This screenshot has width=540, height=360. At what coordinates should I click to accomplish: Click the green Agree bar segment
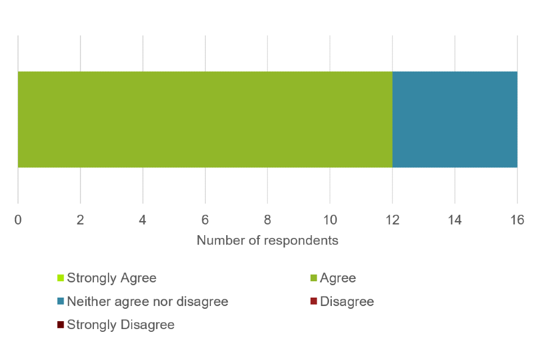tap(205, 119)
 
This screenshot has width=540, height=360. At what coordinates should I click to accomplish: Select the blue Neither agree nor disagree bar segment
tap(454, 119)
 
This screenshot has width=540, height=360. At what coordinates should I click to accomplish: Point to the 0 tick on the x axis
tap(18, 220)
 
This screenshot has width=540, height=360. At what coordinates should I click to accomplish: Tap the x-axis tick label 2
tap(80, 220)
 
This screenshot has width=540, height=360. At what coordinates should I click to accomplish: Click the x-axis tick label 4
tap(143, 220)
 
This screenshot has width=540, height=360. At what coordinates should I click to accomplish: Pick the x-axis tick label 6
tap(205, 220)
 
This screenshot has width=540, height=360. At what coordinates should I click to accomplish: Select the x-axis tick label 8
tap(268, 220)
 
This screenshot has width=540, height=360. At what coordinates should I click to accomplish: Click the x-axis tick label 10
tap(330, 220)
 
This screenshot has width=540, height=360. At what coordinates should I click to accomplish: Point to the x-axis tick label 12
tap(393, 220)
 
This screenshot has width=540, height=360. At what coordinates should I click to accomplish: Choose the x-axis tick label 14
tap(455, 220)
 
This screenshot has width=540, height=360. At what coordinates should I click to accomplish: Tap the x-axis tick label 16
tap(517, 220)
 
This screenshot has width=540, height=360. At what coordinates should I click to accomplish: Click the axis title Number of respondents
tap(267, 241)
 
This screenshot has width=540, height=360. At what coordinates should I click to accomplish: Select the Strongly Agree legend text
tap(111, 278)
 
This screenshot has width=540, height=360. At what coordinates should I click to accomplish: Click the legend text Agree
tap(337, 278)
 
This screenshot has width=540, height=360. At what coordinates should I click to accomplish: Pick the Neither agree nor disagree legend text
tap(147, 301)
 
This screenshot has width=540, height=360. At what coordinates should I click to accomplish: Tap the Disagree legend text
tap(347, 301)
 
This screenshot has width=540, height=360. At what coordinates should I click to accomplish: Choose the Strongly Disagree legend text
tap(120, 325)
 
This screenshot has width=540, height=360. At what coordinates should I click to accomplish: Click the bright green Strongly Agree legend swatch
tap(60, 278)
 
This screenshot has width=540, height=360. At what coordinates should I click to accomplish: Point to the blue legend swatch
tap(60, 301)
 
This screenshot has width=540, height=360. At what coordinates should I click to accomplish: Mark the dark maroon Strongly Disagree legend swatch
tap(60, 325)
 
